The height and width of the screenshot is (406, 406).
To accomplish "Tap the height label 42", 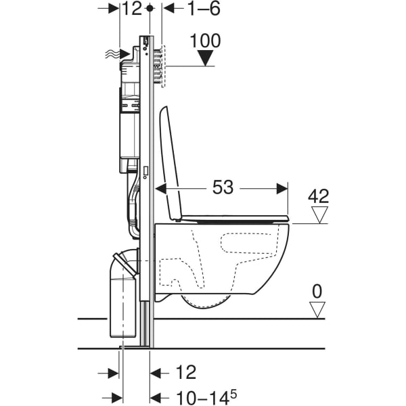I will [x=318, y=196].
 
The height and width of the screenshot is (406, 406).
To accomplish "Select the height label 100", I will [x=205, y=41].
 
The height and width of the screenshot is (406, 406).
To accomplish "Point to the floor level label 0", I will [x=317, y=292].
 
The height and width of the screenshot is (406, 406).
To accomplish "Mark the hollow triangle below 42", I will [x=318, y=215].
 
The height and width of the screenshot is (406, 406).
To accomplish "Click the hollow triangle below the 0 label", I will [x=317, y=311].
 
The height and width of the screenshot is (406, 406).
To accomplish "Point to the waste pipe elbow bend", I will [x=126, y=260].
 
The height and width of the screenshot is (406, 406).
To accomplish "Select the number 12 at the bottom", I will [x=185, y=372].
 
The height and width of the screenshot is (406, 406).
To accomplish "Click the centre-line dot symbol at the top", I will [x=150, y=9].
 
